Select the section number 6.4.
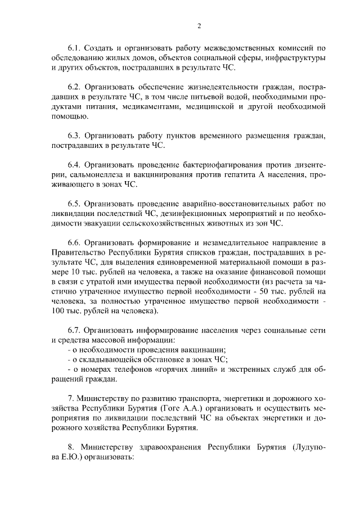tap(74, 165)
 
